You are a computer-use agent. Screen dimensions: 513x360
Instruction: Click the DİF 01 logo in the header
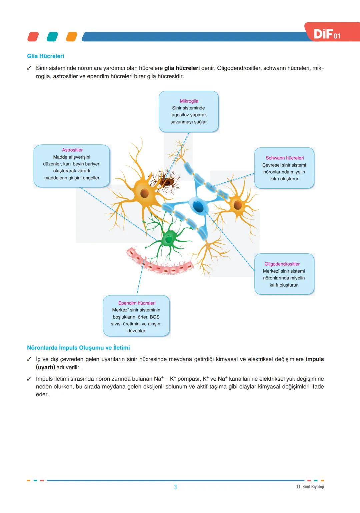(327, 34)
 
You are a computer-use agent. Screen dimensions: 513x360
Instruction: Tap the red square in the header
(33, 37)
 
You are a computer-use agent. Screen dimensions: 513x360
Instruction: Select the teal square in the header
(52, 37)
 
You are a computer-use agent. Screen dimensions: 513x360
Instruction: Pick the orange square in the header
(72, 37)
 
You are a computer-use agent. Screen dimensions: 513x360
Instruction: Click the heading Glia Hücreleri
(45, 56)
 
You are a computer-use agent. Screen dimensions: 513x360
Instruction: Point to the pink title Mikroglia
(189, 101)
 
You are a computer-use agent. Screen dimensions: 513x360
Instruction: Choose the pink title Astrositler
(72, 150)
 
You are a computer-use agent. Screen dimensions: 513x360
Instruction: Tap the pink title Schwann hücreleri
(285, 158)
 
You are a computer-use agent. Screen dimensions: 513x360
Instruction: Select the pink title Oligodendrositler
(282, 264)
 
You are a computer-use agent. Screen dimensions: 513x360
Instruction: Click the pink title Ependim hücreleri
(137, 303)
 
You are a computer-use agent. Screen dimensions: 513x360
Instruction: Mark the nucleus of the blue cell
(198, 207)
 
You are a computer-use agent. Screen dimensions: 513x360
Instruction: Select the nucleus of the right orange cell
(238, 205)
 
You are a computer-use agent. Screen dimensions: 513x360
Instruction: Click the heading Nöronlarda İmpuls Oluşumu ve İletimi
(78, 348)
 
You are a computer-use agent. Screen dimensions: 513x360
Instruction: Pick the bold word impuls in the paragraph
(315, 359)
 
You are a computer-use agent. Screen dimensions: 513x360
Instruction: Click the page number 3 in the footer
(176, 487)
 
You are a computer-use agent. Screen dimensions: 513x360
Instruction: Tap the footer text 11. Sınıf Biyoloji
(310, 487)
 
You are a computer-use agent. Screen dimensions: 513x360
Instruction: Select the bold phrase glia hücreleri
(182, 68)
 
